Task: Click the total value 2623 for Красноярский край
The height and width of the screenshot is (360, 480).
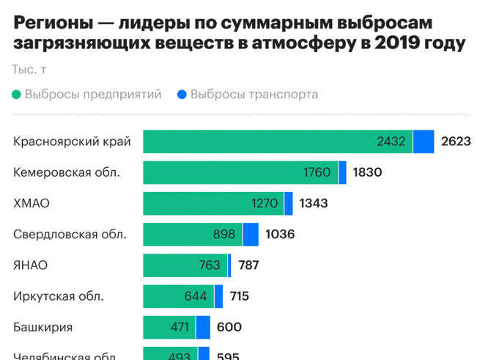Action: click(x=456, y=142)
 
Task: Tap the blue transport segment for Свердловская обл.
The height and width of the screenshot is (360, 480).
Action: click(x=251, y=235)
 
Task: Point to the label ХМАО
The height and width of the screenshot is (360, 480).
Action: click(x=32, y=203)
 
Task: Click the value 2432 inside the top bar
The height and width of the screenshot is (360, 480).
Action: click(x=391, y=142)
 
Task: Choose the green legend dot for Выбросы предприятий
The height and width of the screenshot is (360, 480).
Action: click(x=17, y=95)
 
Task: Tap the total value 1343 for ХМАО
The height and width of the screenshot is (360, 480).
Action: click(x=313, y=204)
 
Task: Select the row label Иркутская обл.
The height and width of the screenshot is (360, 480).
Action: click(x=59, y=296)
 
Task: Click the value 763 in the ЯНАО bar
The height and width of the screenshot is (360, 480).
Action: click(x=210, y=265)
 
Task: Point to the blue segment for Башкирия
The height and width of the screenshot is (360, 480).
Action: click(x=203, y=327)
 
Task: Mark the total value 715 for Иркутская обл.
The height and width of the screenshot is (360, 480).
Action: click(x=239, y=296)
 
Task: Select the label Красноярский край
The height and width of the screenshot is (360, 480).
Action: click(x=72, y=142)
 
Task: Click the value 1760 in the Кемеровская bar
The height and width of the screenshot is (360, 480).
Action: click(x=317, y=173)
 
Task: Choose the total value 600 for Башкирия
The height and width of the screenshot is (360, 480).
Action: click(x=229, y=327)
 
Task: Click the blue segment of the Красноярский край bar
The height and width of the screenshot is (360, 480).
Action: click(x=424, y=142)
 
